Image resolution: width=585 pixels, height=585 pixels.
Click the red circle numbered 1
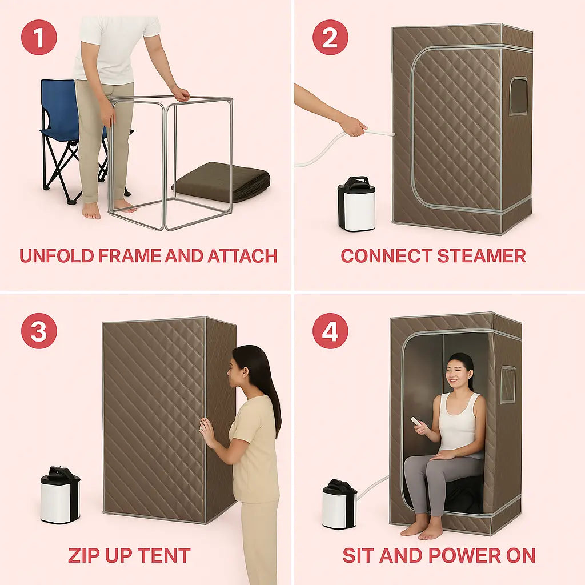tap(39, 37)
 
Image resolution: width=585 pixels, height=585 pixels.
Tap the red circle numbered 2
tap(330, 37)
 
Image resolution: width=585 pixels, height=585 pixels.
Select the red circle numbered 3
tap(39, 331)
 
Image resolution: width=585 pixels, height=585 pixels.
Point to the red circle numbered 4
tap(330, 331)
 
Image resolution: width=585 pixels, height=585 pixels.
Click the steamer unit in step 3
tap(60, 494)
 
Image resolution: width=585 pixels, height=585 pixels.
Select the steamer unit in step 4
tap(339, 504)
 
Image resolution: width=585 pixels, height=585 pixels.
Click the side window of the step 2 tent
tap(519, 96)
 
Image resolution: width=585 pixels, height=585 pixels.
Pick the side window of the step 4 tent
tap(508, 384)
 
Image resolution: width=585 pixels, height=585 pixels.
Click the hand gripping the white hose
tap(353, 126)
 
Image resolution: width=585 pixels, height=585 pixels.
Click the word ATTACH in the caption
tap(242, 256)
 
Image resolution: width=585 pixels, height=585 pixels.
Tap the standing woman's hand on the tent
tap(207, 433)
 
